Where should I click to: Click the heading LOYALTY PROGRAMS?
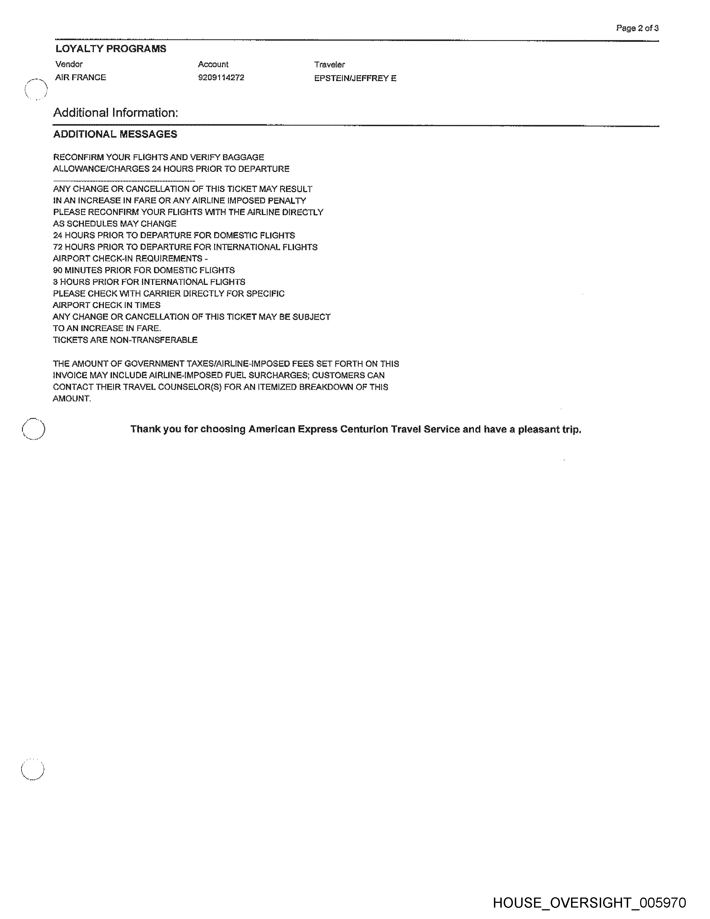click(x=111, y=49)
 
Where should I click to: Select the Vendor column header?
click(x=69, y=64)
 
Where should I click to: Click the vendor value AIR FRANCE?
click(x=80, y=77)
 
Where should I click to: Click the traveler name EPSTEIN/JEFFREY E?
click(x=355, y=78)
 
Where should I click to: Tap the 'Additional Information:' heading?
click(x=116, y=113)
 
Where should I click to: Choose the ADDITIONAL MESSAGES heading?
click(x=115, y=134)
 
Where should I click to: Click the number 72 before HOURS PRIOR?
click(x=58, y=247)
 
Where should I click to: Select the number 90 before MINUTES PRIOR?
click(x=58, y=270)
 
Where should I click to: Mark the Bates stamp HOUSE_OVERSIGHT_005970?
click(x=589, y=903)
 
